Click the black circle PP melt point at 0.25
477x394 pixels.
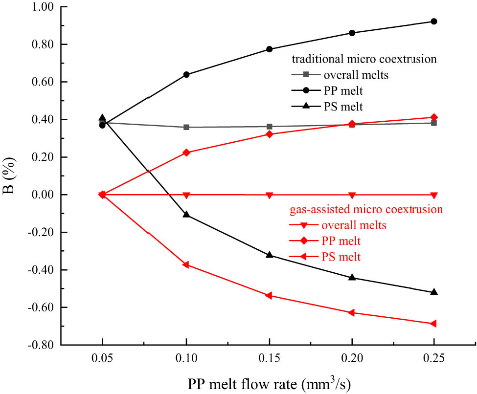(x=433, y=22)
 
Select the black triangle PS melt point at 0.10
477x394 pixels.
(x=186, y=215)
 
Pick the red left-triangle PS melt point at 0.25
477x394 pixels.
(x=433, y=324)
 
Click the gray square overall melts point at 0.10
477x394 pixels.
(x=186, y=127)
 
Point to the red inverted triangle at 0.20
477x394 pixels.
(x=351, y=195)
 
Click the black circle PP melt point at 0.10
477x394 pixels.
(x=186, y=75)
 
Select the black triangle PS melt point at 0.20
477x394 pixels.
(x=351, y=277)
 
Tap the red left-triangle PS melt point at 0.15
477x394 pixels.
(x=269, y=296)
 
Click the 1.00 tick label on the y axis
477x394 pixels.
(x=42, y=7)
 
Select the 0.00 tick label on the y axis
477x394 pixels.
(x=42, y=195)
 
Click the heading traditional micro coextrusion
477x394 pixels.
(x=363, y=59)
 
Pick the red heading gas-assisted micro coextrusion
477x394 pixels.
(x=364, y=209)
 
